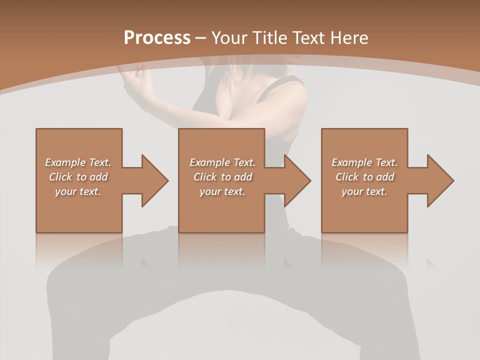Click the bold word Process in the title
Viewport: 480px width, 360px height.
[157, 38]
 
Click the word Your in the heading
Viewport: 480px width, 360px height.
[230, 38]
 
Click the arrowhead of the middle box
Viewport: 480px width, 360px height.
[297, 180]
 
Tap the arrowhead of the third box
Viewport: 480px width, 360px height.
[440, 180]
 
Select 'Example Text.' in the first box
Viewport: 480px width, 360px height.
[78, 162]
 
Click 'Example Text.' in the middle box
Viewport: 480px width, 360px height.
[222, 162]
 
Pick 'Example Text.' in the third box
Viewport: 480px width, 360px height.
[364, 162]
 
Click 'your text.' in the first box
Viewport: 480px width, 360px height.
[78, 191]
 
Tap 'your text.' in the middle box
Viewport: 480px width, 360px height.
[222, 191]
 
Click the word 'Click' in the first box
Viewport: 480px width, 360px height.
[60, 177]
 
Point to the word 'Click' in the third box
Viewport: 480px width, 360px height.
[347, 177]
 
